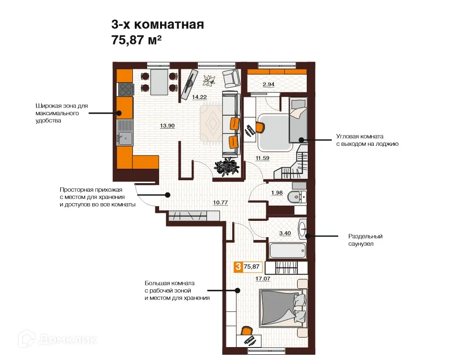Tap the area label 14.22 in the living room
click(199, 97)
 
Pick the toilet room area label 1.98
click(277, 193)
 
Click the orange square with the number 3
click(237, 267)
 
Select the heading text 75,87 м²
click(136, 40)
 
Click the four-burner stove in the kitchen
click(126, 89)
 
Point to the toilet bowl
click(299, 196)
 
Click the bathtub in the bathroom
click(287, 250)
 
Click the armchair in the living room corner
click(232, 77)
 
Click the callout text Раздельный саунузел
click(366, 240)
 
